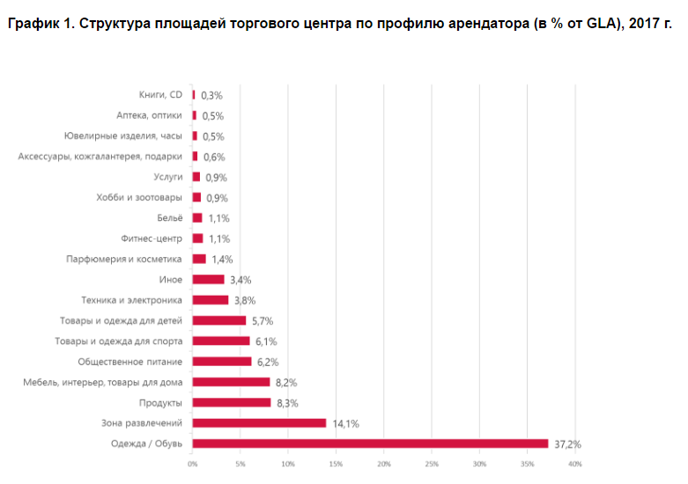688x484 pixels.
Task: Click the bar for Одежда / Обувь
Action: pyautogui.click(x=370, y=444)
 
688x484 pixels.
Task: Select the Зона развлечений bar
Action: pyautogui.click(x=259, y=423)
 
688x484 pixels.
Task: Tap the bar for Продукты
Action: pyautogui.click(x=232, y=403)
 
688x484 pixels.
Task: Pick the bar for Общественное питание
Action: pyautogui.click(x=222, y=362)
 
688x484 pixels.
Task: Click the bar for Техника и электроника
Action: pyautogui.click(x=211, y=300)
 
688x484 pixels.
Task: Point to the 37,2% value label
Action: pyautogui.click(x=566, y=444)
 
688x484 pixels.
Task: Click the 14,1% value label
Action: pyautogui.click(x=345, y=423)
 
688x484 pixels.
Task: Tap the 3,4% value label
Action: pyautogui.click(x=240, y=280)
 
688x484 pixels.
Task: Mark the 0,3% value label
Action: pyautogui.click(x=211, y=95)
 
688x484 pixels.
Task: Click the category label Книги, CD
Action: pyautogui.click(x=160, y=95)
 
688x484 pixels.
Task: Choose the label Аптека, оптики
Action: pyautogui.click(x=150, y=115)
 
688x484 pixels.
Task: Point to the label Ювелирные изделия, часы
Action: pyautogui.click(x=123, y=136)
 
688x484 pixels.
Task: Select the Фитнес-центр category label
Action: pyautogui.click(x=152, y=238)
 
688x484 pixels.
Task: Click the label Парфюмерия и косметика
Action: pyautogui.click(x=124, y=260)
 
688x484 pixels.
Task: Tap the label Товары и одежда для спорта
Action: pyautogui.click(x=121, y=341)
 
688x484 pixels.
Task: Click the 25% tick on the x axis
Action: pyautogui.click(x=432, y=464)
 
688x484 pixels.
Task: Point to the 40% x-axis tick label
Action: pyautogui.click(x=574, y=464)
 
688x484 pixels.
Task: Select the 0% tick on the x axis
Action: pyautogui.click(x=192, y=464)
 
